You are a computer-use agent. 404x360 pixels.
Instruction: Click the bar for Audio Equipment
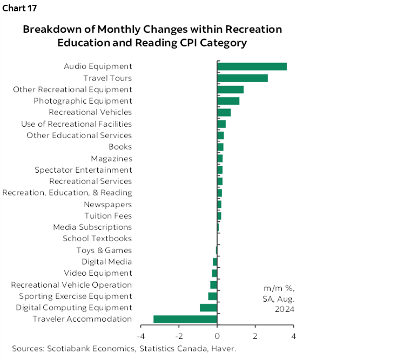(252, 66)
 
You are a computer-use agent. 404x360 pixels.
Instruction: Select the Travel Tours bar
(242, 78)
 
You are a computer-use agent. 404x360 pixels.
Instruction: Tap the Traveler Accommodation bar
(185, 319)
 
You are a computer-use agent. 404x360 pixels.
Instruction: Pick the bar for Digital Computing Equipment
(208, 308)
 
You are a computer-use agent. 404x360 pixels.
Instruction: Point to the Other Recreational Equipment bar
(230, 90)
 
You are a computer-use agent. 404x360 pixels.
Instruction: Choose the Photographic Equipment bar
(228, 101)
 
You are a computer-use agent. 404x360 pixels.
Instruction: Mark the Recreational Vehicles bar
(224, 112)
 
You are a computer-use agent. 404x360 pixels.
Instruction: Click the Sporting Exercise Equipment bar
(213, 296)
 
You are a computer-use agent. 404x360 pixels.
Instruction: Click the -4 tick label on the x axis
(140, 336)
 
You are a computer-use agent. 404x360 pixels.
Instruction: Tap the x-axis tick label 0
(217, 336)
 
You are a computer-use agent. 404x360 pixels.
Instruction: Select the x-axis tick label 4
(293, 336)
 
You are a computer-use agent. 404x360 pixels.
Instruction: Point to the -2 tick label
(178, 336)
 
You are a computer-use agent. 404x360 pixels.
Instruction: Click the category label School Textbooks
(97, 239)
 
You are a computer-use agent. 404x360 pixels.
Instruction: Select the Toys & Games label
(104, 250)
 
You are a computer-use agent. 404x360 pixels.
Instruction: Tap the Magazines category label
(111, 159)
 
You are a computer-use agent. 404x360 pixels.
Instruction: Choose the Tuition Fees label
(108, 216)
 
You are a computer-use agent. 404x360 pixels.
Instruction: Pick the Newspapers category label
(107, 205)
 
